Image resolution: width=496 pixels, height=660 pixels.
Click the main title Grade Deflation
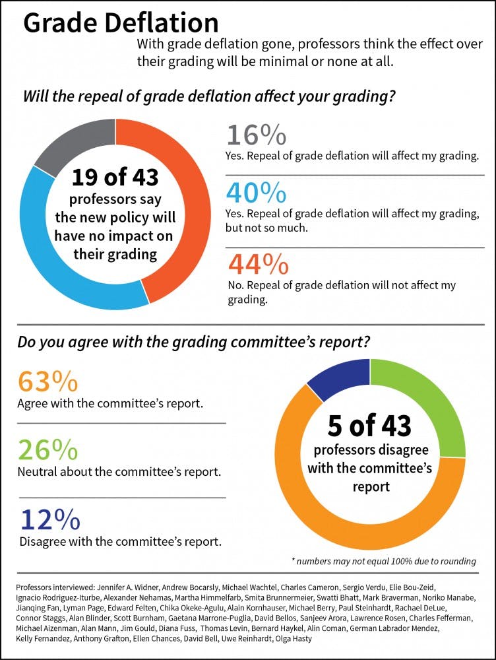[121, 24]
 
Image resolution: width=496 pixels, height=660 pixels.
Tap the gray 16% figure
[256, 135]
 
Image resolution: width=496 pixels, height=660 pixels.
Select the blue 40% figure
[256, 192]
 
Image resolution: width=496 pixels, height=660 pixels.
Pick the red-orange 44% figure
[258, 264]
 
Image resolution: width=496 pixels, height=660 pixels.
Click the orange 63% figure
[48, 382]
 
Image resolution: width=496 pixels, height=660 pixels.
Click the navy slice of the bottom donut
[336, 376]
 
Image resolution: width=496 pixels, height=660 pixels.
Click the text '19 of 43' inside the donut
[115, 177]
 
